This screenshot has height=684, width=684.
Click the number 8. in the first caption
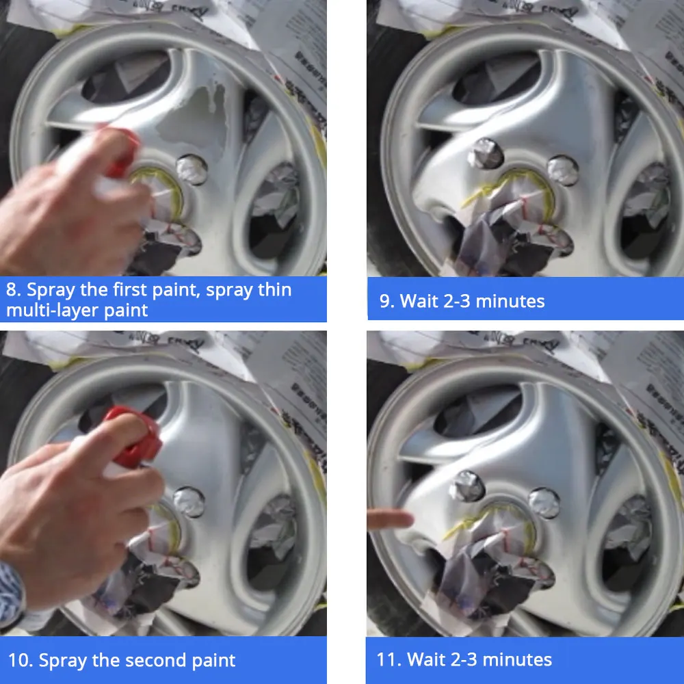14,290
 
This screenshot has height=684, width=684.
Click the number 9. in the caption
386,301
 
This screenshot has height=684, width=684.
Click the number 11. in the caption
388,660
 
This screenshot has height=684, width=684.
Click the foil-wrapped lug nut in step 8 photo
191,168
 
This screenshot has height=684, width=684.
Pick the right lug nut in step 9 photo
562,170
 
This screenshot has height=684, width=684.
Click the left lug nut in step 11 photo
469,484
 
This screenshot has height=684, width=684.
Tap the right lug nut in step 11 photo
544,503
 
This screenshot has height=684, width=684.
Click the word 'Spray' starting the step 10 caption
64,661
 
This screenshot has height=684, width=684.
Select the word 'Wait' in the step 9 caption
417,301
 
